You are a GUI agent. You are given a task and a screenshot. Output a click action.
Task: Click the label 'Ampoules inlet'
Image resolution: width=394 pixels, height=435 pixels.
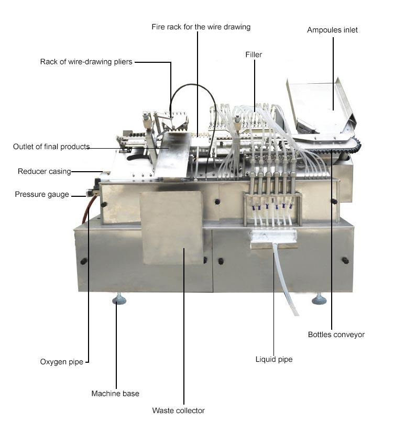coord(332,30)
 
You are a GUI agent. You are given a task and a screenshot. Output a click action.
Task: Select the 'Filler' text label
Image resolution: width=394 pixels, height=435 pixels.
coord(254,54)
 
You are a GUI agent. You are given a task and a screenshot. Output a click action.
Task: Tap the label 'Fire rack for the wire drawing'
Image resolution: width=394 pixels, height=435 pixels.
coord(201,26)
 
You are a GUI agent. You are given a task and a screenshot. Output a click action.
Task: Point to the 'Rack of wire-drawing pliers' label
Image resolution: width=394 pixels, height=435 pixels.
coord(86,62)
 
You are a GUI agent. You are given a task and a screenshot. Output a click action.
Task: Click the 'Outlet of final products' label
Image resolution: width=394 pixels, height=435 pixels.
coord(51,147)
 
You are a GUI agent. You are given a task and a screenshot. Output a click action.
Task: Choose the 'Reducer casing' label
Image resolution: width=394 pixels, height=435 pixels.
coord(44,171)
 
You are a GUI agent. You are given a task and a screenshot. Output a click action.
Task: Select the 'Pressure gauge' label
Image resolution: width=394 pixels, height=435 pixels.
coord(42,194)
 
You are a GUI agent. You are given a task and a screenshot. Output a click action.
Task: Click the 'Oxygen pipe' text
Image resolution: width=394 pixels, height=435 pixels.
coord(61,362)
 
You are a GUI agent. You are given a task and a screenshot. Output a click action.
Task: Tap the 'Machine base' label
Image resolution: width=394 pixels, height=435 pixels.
coord(115,393)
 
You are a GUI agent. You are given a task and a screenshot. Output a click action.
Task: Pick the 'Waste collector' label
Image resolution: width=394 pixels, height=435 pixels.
coord(178,410)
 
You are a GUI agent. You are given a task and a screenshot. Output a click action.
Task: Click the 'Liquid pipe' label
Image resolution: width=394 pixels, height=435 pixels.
coord(273,359)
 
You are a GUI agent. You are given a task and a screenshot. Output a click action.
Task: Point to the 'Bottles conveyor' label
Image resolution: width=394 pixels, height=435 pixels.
coord(336,334)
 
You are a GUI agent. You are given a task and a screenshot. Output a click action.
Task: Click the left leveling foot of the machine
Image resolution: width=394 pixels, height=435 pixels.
coord(119,299)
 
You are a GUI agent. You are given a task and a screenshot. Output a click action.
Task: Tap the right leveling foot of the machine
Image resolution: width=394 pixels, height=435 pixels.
coord(319,299)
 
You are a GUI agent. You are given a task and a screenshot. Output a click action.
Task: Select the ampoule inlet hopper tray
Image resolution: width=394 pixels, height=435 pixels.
coord(320,107)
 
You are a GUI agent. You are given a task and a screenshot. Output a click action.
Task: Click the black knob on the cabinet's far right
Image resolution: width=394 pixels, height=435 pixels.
coord(345,260)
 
